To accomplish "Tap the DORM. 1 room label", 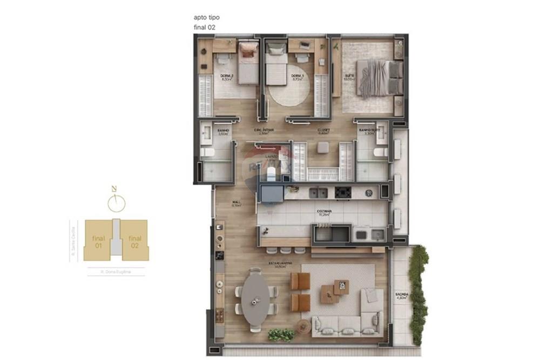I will pyautogui.click(x=297, y=77).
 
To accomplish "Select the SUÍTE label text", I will pyautogui.click(x=349, y=77).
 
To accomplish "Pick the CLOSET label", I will pyautogui.click(x=323, y=130).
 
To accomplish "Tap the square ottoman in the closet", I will pyautogui.click(x=323, y=147).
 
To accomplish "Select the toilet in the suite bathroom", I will pyautogui.click(x=380, y=153).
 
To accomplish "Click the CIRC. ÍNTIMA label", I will pyautogui.click(x=265, y=130).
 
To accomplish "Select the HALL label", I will pyautogui.click(x=235, y=203).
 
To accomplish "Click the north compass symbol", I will pyautogui.click(x=116, y=202).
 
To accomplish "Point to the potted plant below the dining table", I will pyautogui.click(x=281, y=335).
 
